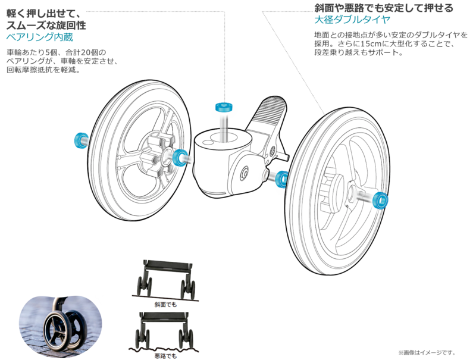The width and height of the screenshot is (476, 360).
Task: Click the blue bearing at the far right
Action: click(x=379, y=200)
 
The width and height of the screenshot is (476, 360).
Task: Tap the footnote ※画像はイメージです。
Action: click(x=427, y=352)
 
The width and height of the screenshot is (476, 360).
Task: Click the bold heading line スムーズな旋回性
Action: click(x=46, y=25)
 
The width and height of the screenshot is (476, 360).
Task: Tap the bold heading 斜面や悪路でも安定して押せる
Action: click(x=384, y=8)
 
